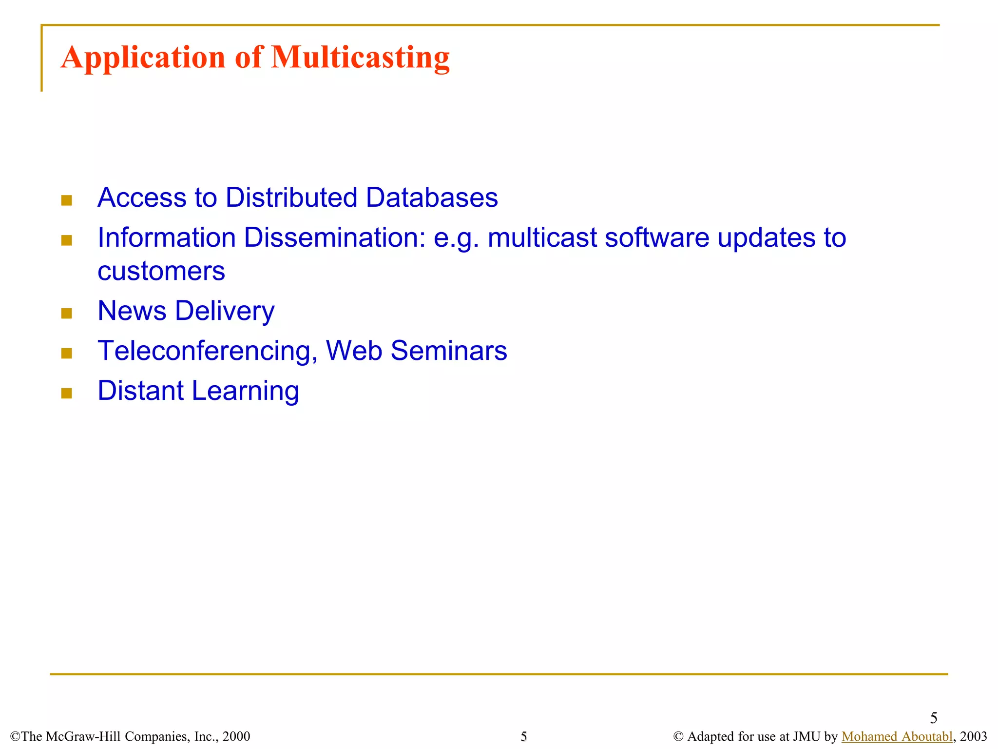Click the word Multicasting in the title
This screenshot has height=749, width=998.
(x=360, y=58)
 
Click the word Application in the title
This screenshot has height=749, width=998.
(x=143, y=58)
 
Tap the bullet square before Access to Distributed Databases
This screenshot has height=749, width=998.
(x=67, y=200)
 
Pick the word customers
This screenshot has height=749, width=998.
(x=161, y=271)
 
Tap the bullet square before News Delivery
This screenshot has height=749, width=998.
(x=67, y=314)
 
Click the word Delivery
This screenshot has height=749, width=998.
(x=225, y=311)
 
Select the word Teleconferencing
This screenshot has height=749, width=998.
(x=208, y=351)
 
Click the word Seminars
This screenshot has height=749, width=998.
(x=449, y=351)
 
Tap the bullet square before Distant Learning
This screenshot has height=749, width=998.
(x=67, y=394)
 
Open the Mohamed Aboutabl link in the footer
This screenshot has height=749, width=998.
(x=897, y=736)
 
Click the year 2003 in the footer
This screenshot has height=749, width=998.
(x=973, y=736)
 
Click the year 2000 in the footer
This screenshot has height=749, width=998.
(x=236, y=736)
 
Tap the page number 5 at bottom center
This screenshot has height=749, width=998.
(x=524, y=736)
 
